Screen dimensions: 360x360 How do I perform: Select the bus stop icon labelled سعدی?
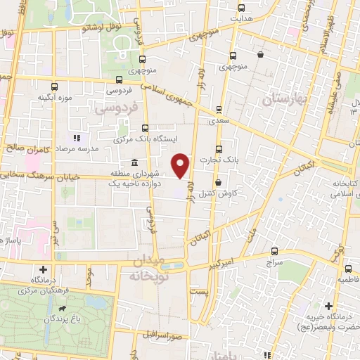tap(219, 109)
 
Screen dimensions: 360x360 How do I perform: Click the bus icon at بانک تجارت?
tap(219, 149)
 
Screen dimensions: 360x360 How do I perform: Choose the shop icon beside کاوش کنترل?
tap(219, 183)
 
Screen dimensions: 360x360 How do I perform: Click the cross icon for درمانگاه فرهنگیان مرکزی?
tap(44, 269)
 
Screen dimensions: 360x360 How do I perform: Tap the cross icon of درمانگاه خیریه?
tap(329, 306)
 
